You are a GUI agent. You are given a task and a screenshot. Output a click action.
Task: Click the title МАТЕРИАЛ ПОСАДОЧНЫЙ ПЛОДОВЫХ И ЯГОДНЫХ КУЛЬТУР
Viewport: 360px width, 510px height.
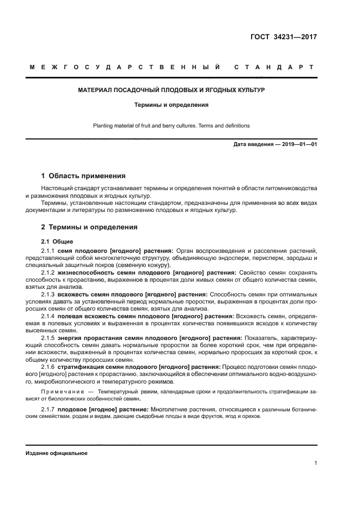[172, 89]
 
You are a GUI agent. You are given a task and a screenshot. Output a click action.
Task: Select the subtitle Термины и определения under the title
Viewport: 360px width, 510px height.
[172, 104]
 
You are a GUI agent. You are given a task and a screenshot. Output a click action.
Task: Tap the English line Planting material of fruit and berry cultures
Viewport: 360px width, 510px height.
[172, 125]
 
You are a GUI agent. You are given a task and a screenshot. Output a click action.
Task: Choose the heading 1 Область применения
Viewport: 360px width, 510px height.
[83, 176]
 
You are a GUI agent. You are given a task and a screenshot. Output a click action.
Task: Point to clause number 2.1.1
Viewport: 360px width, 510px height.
[48, 250]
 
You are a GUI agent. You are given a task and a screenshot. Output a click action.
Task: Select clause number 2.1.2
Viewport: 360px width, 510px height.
[48, 272]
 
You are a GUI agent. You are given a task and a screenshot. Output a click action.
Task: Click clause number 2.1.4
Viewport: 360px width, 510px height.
[48, 315]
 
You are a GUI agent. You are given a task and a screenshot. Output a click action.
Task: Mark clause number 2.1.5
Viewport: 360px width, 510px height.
[48, 337]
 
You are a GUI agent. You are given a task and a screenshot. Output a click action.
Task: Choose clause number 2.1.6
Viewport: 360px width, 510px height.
[48, 367]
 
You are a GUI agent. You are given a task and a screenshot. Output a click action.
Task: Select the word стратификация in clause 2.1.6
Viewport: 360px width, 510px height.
[82, 367]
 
